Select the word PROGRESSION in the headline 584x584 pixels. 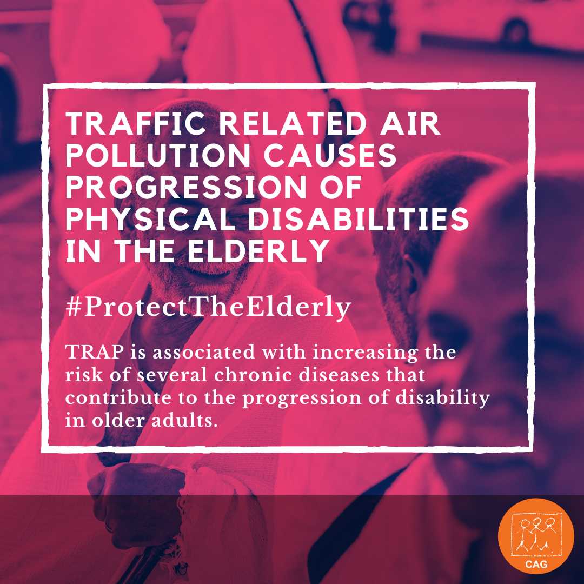186,187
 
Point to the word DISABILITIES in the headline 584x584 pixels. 359,218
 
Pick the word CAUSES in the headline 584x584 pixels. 330,155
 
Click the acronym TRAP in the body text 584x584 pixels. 95,352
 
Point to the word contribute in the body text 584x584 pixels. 118,397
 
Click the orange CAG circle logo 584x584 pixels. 536,536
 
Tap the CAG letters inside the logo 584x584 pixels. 536,564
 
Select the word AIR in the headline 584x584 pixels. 410,123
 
